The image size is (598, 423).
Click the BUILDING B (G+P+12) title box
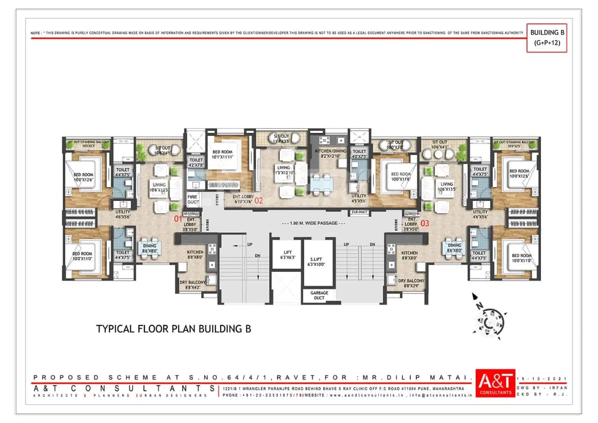[547, 38]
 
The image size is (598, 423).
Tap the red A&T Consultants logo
[496, 383]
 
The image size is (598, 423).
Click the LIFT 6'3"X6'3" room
[286, 255]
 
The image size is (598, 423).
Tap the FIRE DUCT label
[193, 199]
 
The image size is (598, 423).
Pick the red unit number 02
[259, 201]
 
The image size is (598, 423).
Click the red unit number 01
[178, 218]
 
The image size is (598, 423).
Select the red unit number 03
[425, 223]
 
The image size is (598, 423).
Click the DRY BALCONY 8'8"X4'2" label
[193, 285]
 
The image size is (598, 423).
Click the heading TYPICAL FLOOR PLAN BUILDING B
[173, 329]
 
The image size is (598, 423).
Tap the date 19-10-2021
[542, 378]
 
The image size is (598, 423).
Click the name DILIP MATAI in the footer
[441, 378]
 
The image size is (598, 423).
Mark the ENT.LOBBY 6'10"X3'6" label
[243, 200]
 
